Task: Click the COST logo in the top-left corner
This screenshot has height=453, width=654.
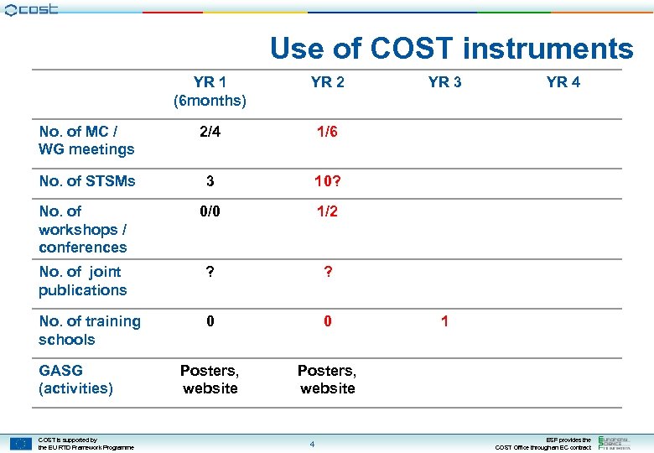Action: pos(31,10)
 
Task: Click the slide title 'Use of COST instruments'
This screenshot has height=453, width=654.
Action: pos(451,49)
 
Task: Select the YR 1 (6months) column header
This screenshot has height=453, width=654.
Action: pos(210,91)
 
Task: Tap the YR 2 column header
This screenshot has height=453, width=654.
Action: pos(327,82)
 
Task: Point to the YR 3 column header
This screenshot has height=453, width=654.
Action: pos(444,82)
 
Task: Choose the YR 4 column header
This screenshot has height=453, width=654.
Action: pos(563,82)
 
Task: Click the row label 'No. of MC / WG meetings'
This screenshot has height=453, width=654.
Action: pos(86,141)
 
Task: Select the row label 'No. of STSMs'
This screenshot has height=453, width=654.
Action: pos(86,181)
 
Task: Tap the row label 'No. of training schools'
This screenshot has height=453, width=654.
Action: pos(90,331)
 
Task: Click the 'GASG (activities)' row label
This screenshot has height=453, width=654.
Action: pos(75,379)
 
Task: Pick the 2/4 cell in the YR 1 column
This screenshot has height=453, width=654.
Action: pos(210,132)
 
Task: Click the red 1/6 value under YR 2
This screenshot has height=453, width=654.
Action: pos(327,132)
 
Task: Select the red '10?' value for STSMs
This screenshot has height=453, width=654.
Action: pos(327,181)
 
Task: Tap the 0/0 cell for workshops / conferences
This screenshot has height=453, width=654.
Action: pos(210,211)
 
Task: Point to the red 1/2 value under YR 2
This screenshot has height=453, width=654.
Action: pos(327,211)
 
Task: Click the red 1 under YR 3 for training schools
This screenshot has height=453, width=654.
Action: pos(444,321)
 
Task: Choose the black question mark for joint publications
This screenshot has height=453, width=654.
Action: pos(210,272)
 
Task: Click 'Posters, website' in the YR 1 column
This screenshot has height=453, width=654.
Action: pos(210,379)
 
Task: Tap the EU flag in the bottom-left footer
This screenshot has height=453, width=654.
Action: pos(21,443)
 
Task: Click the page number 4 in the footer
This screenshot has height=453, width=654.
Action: pos(311,444)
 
